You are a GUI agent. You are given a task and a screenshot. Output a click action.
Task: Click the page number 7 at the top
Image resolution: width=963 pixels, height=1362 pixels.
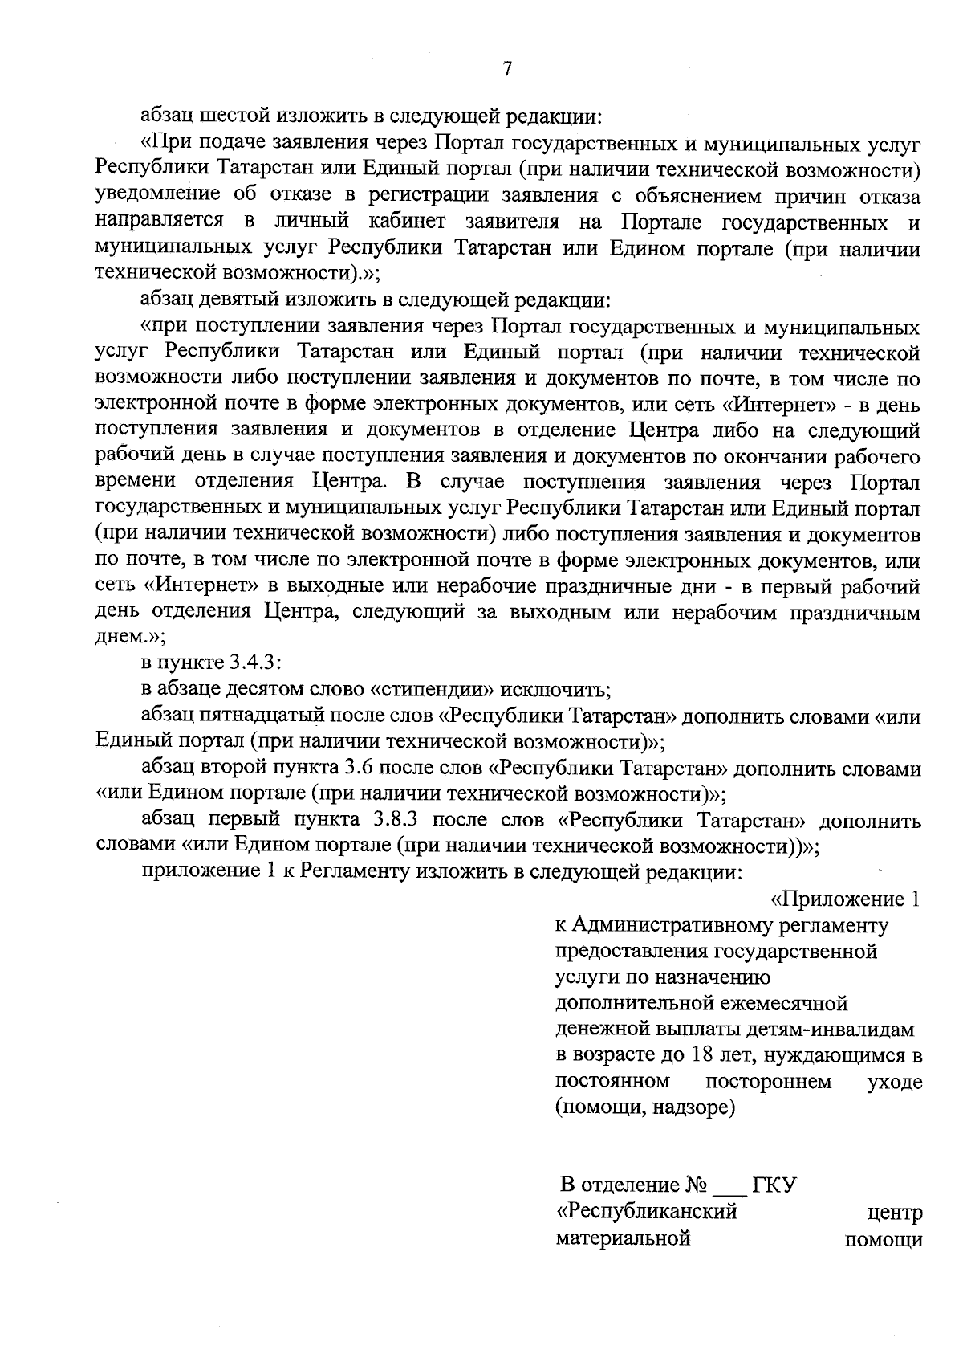coord(507,69)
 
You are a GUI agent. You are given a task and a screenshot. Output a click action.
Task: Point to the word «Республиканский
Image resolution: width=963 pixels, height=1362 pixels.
coord(646,1212)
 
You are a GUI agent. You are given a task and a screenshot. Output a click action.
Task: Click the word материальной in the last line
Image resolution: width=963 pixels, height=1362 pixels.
coord(623,1238)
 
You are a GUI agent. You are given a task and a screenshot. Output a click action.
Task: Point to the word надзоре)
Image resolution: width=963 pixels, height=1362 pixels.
coord(695,1108)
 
